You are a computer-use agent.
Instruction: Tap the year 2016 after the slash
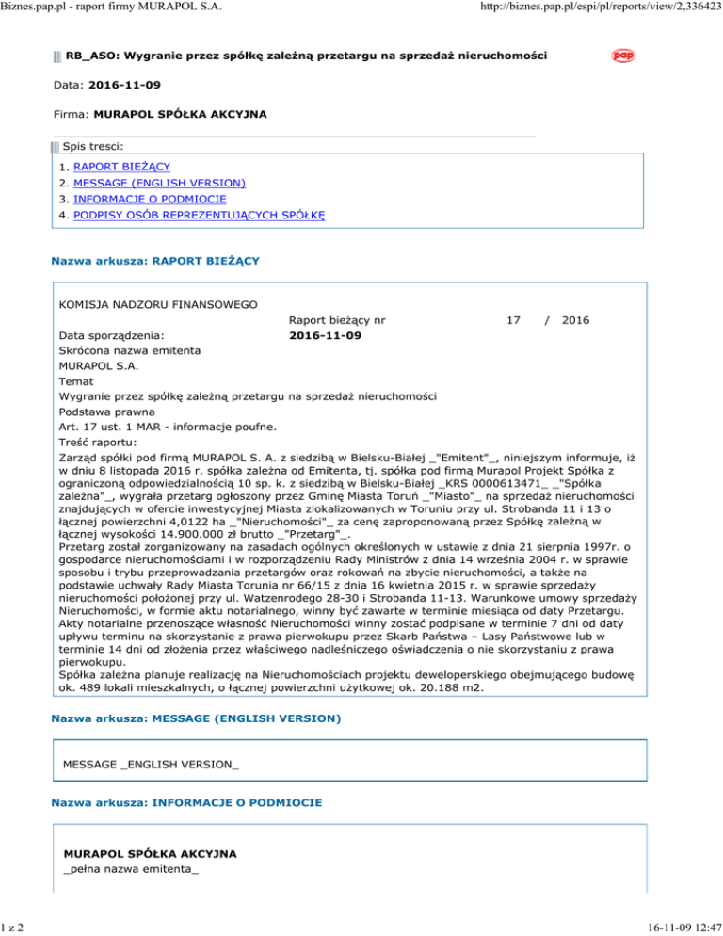pos(574,320)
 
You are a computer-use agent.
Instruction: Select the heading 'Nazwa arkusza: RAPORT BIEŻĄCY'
pos(155,257)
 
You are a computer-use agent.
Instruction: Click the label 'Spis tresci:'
pos(93,146)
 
